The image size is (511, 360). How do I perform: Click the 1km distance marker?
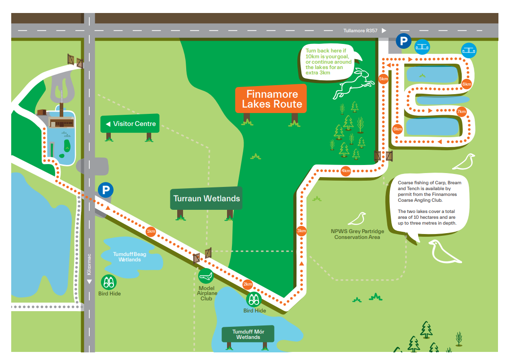tap(151, 231)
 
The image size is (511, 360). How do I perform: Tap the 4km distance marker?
tap(345, 171)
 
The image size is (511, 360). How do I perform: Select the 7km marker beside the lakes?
tap(461, 112)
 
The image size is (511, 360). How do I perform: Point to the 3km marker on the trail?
tap(301, 231)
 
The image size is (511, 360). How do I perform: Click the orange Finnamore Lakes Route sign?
tap(271, 99)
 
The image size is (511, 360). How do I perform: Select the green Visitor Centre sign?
tap(130, 124)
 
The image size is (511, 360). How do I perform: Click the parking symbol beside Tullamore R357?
tap(403, 42)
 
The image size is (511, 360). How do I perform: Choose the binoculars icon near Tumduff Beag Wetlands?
tap(109, 282)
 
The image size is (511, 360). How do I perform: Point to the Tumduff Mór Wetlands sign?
tap(248, 334)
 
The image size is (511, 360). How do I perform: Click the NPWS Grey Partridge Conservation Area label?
tap(357, 234)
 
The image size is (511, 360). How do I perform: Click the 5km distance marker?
tap(384, 79)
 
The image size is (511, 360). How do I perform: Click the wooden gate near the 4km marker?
tap(383, 156)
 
